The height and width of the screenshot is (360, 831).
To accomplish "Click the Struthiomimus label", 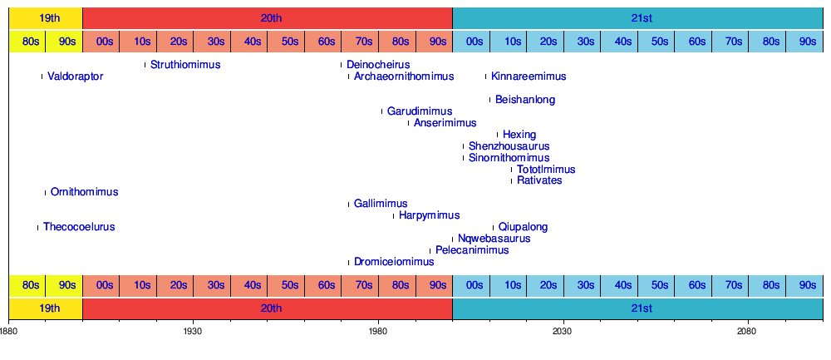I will tap(185, 65).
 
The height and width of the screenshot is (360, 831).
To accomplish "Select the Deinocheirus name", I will tap(378, 65).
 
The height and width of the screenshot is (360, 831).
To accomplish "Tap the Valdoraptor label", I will tap(76, 76).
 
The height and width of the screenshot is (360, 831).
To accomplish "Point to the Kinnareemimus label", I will tap(529, 76).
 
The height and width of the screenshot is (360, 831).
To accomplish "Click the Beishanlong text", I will tap(525, 100).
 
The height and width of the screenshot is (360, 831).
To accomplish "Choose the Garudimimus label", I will tap(420, 111).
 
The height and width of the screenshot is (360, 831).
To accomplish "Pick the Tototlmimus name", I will tap(546, 170).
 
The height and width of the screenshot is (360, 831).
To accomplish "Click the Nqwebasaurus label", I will tap(494, 239).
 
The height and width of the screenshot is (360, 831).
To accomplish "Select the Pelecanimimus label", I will tap(472, 250).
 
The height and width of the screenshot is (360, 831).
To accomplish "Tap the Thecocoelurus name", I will tap(79, 227).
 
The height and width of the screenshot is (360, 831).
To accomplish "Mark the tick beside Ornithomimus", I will tap(45, 192).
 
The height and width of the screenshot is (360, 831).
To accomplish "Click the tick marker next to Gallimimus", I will tap(348, 204).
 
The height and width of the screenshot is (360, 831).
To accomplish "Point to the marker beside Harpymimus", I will tap(393, 215).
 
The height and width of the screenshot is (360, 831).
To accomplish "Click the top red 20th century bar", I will tap(268, 17).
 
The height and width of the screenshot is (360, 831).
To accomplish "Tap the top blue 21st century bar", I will tap(637, 17).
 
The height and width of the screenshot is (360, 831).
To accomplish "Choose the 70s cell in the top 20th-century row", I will tap(364, 42).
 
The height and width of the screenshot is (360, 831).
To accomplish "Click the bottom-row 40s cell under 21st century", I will tap(622, 285).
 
